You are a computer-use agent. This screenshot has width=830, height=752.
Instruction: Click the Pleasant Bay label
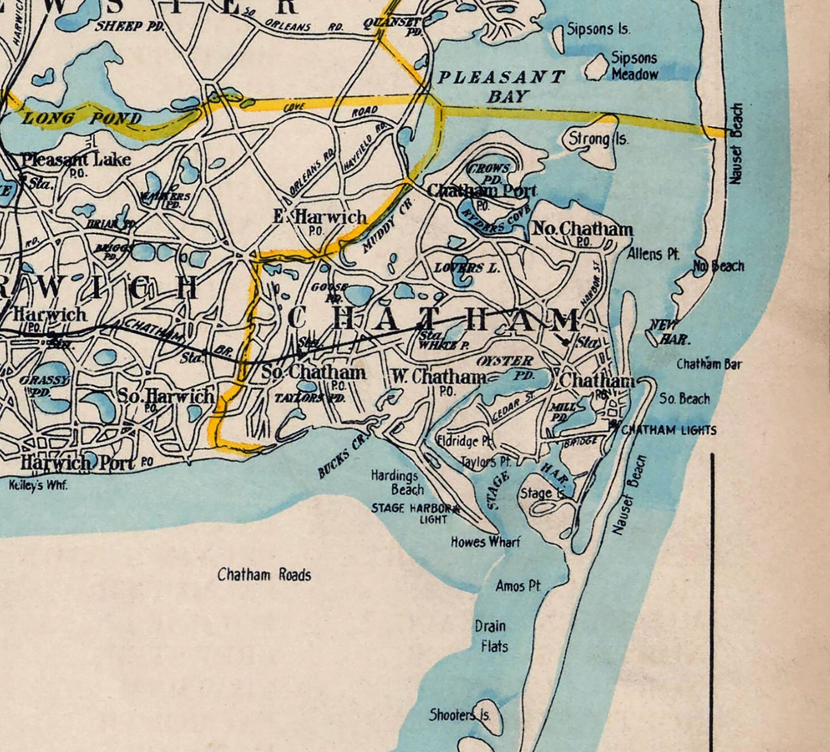coord(501,86)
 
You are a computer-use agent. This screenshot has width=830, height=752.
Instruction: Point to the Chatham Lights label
coord(669,430)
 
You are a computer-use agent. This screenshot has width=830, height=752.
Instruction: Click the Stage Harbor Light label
coord(415,513)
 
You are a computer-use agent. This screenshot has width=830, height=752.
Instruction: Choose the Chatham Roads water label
coord(264,575)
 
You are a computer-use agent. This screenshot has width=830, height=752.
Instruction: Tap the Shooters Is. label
coord(460,715)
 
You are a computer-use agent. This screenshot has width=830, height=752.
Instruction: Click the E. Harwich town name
coord(320,216)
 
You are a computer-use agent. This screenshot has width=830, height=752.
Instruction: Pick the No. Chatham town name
coord(582,229)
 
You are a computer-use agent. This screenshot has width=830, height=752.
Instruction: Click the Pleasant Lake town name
coord(76,159)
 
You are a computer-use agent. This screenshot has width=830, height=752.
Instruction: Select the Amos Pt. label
coord(518,586)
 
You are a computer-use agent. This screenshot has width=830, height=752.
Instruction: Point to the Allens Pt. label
coord(653,254)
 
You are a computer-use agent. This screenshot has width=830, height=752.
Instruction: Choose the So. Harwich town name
coord(165,396)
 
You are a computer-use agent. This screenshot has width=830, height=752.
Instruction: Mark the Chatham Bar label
coord(709,364)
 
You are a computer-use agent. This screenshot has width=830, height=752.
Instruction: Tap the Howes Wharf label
coord(485,542)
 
